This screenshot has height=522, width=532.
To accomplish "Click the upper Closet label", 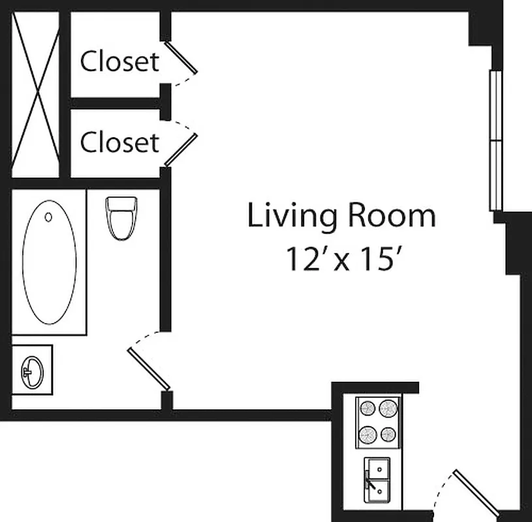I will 119,61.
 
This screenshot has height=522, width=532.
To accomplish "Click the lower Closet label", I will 119,142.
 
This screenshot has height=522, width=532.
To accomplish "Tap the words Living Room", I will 341,216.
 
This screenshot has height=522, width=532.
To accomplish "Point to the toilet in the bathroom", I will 121,217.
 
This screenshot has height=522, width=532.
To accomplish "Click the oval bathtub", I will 49,262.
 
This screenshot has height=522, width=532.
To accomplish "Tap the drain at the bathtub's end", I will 49,216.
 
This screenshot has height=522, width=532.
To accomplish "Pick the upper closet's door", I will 181,57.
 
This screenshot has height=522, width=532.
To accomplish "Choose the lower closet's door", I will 181,149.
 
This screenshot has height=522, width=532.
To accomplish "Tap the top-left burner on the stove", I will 368,408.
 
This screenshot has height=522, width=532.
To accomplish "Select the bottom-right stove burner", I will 389,434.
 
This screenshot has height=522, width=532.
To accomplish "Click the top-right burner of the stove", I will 389,408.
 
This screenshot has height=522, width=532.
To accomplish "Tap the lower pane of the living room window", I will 496,176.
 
